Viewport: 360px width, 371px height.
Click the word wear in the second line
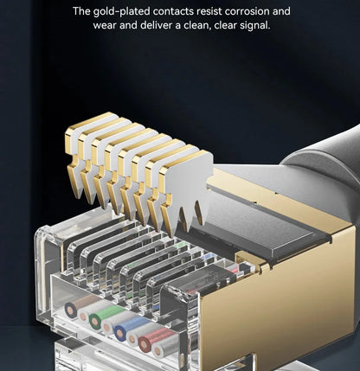coord(106,26)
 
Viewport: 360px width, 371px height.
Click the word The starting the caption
coord(82,12)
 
